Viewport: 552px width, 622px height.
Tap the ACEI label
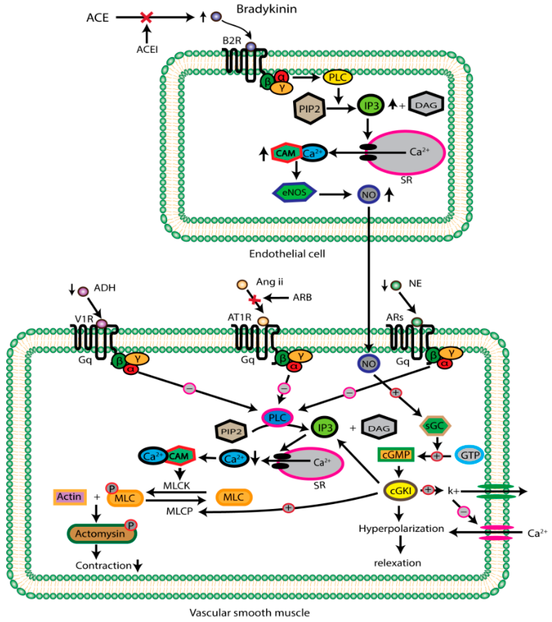pyautogui.click(x=147, y=49)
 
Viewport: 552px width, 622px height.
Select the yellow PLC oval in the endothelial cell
pyautogui.click(x=338, y=77)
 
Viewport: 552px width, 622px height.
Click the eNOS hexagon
pyautogui.click(x=294, y=192)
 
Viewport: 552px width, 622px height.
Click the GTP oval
pyautogui.click(x=469, y=455)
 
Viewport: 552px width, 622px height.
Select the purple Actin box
pyautogui.click(x=70, y=497)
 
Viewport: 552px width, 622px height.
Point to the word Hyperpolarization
pyautogui.click(x=401, y=529)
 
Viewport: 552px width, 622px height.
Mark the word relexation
pyautogui.click(x=397, y=563)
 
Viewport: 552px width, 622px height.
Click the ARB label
pyautogui.click(x=302, y=297)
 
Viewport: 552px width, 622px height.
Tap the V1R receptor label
pyautogui.click(x=84, y=319)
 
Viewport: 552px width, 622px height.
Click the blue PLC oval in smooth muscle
pyautogui.click(x=277, y=417)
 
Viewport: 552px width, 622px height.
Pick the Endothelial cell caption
pyautogui.click(x=287, y=254)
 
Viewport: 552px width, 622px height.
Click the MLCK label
pyautogui.click(x=177, y=485)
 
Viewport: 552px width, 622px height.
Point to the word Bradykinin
pyautogui.click(x=266, y=9)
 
